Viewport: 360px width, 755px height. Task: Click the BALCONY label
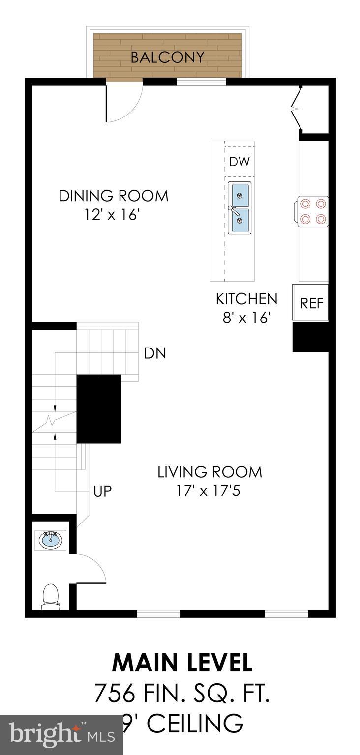point(168,58)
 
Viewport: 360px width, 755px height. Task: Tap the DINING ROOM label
point(114,196)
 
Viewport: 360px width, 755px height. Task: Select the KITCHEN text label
point(246,299)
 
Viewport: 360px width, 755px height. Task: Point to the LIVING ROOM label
point(210,472)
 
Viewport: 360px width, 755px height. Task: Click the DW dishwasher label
point(240,162)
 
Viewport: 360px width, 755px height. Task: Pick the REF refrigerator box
point(310,302)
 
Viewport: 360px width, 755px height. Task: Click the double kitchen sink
point(240,207)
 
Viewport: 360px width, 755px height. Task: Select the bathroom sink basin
point(51,540)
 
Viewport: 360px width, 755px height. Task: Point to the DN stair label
point(155,353)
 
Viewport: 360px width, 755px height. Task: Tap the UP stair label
point(102,492)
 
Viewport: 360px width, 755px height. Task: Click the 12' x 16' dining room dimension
point(112,215)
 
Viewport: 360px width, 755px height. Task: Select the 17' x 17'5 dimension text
point(208,491)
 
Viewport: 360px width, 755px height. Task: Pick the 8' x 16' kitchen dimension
point(247,318)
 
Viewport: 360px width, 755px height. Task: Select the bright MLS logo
point(62,733)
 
